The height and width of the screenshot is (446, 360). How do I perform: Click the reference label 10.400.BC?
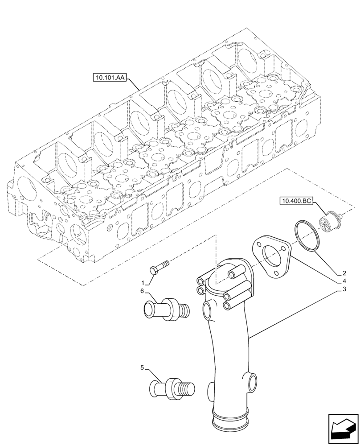[x=296, y=201]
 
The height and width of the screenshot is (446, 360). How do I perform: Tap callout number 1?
[x=143, y=283]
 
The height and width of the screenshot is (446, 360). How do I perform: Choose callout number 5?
[x=143, y=368]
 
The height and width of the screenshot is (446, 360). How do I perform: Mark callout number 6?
[x=143, y=291]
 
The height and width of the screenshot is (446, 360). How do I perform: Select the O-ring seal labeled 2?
[x=306, y=235]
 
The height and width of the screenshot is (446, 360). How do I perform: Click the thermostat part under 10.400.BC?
[x=329, y=222]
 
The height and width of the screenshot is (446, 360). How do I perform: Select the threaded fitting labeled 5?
[x=174, y=386]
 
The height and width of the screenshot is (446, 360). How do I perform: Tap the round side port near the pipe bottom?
[x=253, y=382]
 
